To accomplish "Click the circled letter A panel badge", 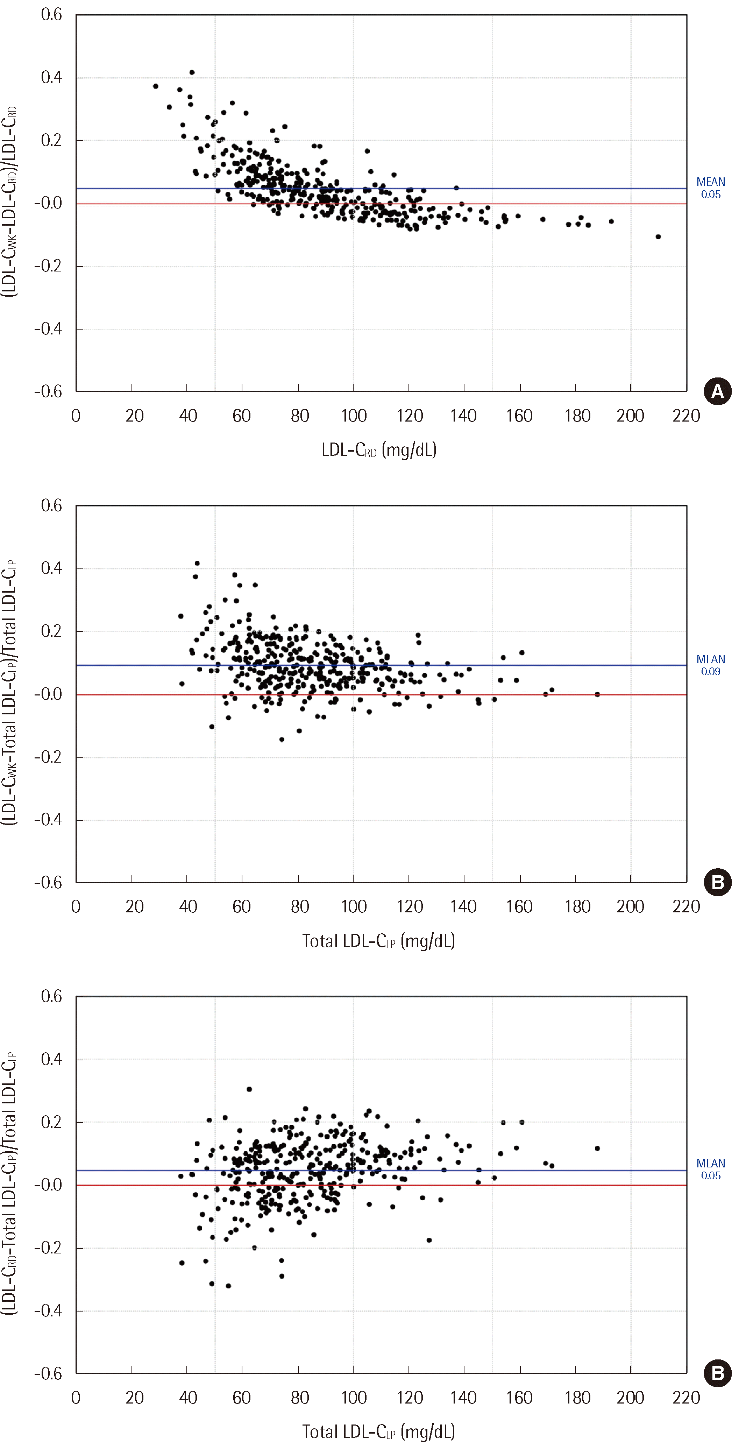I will point(717,392).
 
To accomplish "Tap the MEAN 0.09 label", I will point(710,665).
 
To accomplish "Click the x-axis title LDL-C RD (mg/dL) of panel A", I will point(379,450).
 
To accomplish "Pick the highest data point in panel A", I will point(192,72).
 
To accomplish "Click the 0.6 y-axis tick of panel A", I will point(51,15).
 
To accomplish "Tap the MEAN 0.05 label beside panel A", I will point(710,188).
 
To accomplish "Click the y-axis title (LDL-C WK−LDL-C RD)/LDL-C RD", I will point(9,202).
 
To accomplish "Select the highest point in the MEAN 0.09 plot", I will point(197,563).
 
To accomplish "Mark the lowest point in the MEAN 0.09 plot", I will point(282,740).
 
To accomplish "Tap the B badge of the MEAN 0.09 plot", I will point(717,883).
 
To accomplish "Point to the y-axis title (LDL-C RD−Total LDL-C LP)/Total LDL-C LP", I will point(9,1184).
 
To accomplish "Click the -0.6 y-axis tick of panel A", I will point(49,391).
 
